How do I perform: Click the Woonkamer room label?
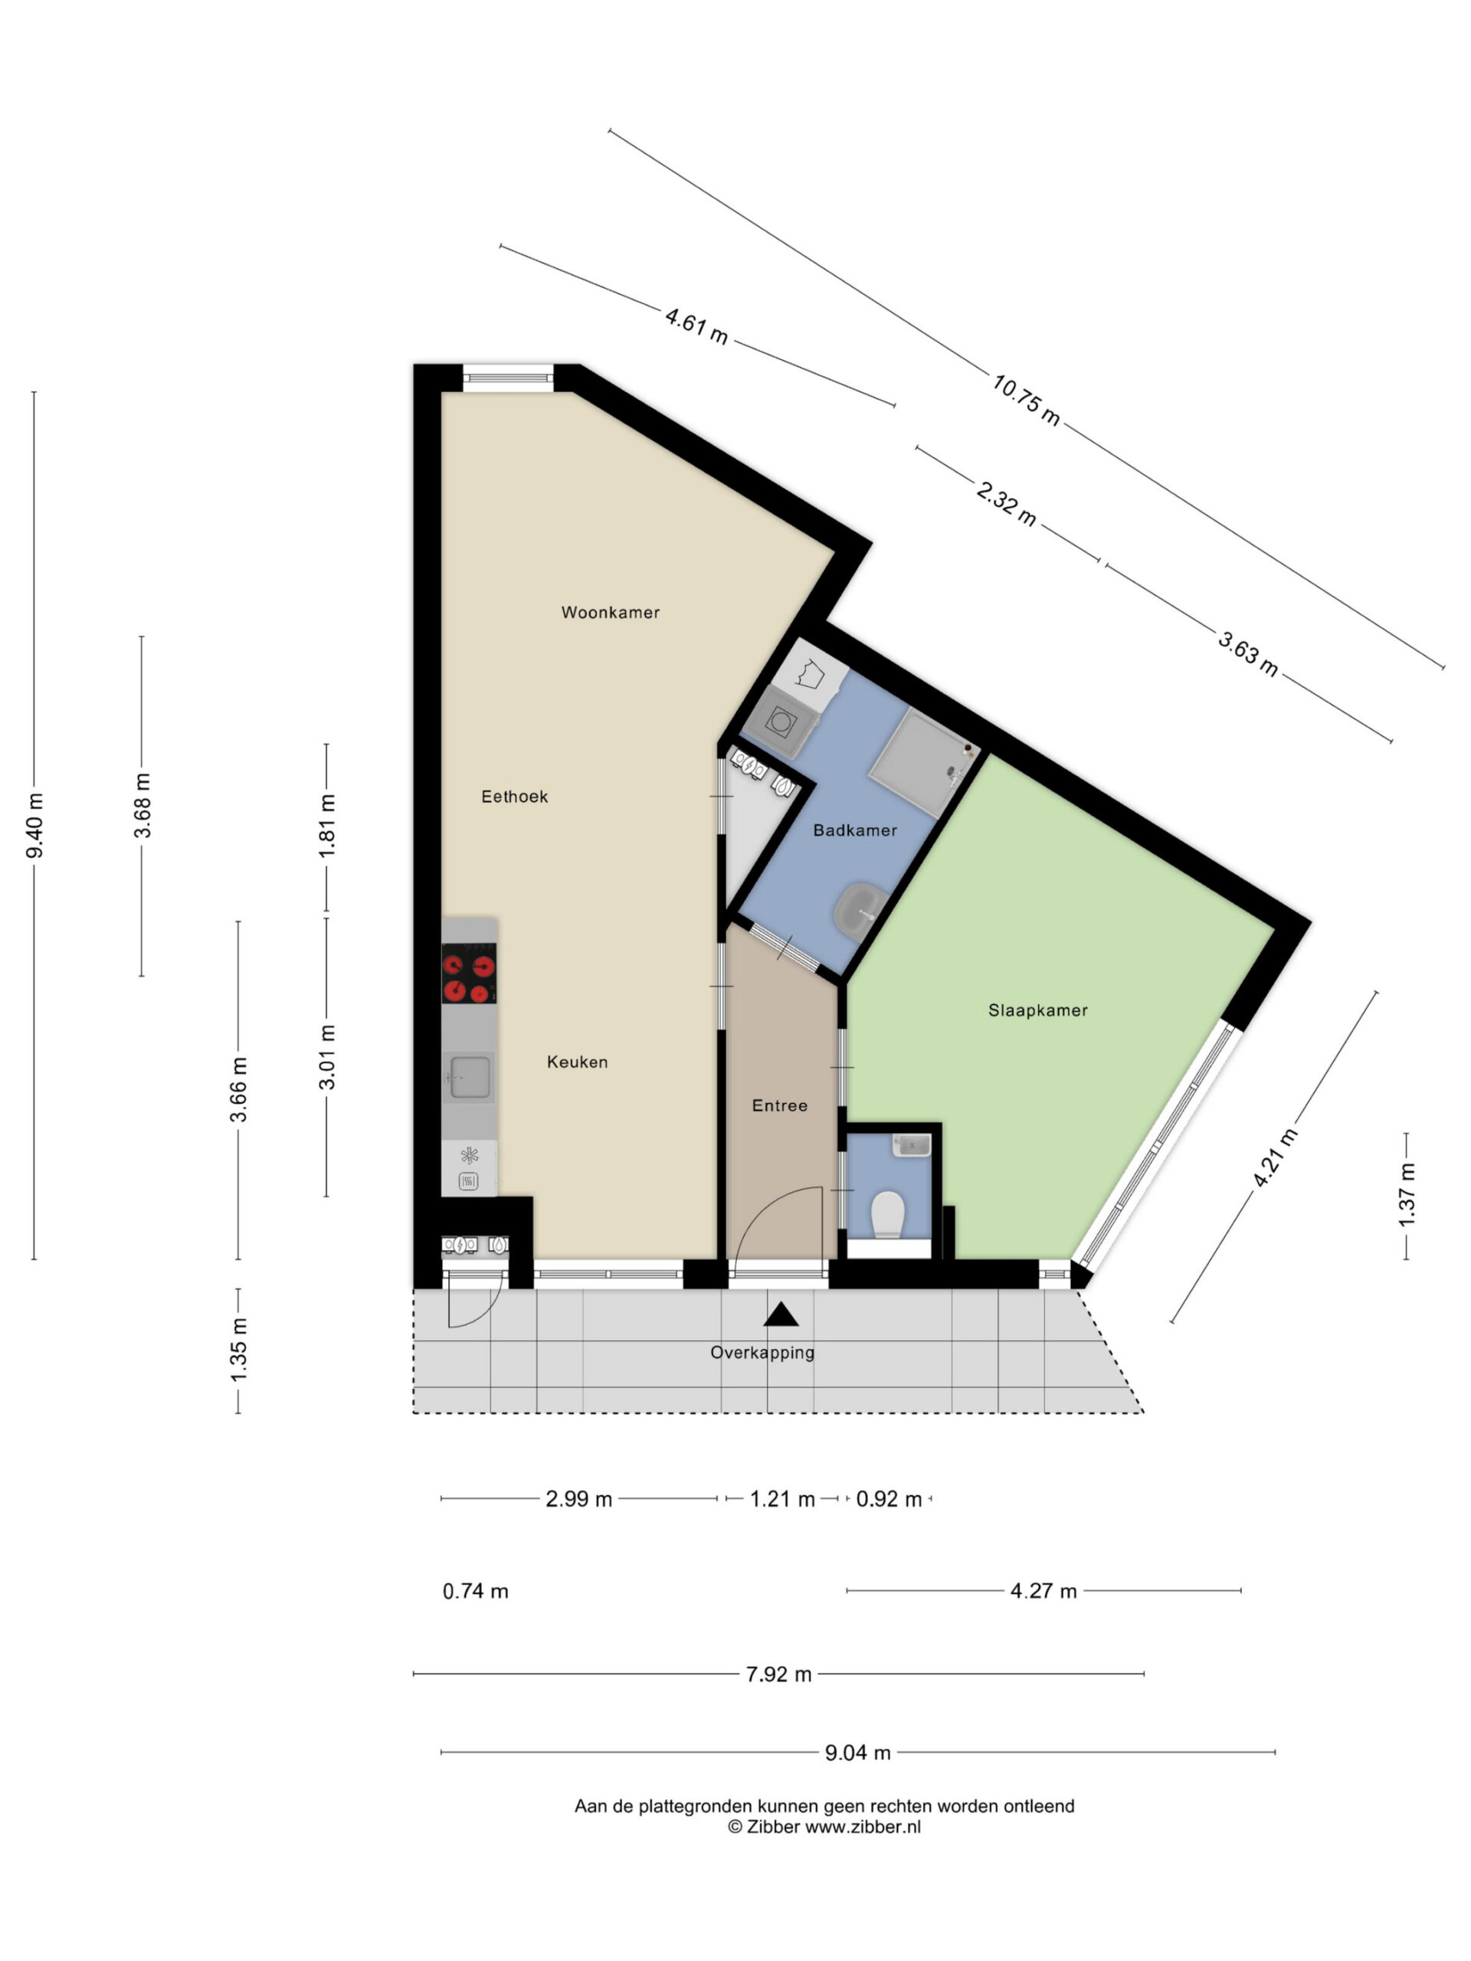610,613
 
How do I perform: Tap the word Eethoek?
514,797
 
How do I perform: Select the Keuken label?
577,1062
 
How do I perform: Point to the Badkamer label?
855,830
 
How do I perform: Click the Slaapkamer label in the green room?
1037,1010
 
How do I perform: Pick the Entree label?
779,1105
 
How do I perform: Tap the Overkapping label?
762,1353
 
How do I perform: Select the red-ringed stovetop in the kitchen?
469,974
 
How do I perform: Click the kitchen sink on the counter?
469,1076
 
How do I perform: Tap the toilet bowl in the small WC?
886,1213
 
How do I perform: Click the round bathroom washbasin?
858,908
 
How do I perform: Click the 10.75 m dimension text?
1025,399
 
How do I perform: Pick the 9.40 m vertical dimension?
35,825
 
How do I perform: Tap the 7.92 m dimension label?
778,1675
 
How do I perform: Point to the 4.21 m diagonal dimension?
1275,1157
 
